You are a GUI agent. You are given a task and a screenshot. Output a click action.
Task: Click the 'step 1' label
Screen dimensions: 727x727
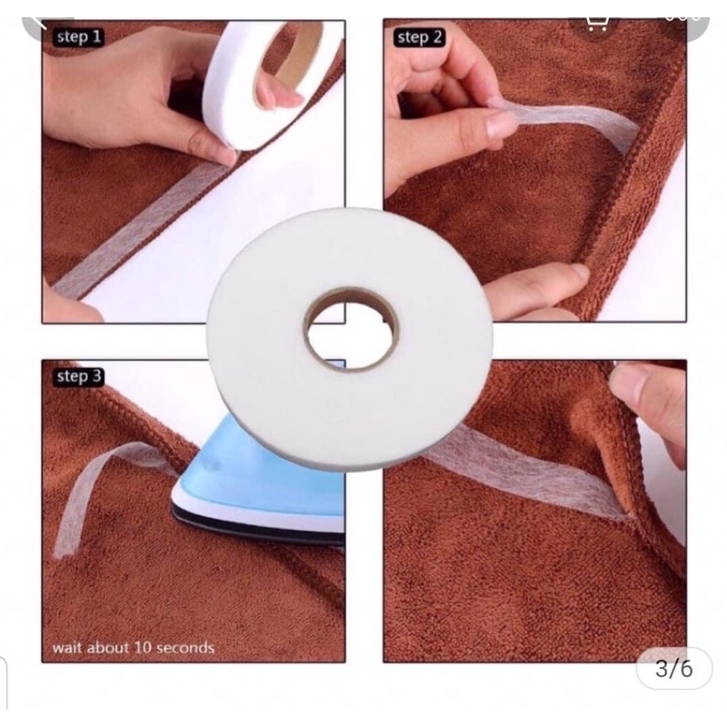[79, 37]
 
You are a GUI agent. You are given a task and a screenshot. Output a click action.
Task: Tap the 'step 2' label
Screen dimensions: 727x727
[419, 37]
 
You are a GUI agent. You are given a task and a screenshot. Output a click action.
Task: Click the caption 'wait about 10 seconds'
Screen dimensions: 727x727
[134, 648]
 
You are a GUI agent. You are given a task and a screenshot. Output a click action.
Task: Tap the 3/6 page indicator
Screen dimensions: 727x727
[673, 670]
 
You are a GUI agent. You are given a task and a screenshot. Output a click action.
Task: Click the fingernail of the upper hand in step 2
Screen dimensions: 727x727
[500, 124]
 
